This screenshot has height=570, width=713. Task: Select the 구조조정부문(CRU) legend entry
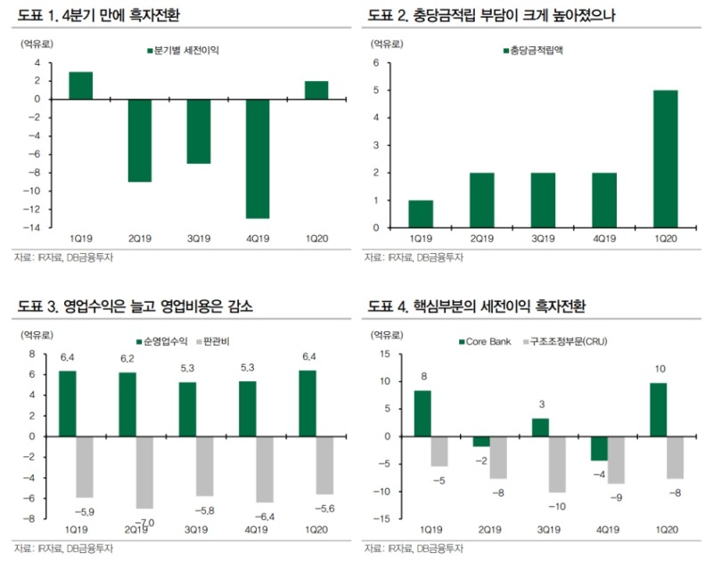[563, 341]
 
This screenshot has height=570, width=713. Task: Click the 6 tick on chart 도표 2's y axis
[377, 63]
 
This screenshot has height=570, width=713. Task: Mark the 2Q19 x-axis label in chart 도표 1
[139, 240]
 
